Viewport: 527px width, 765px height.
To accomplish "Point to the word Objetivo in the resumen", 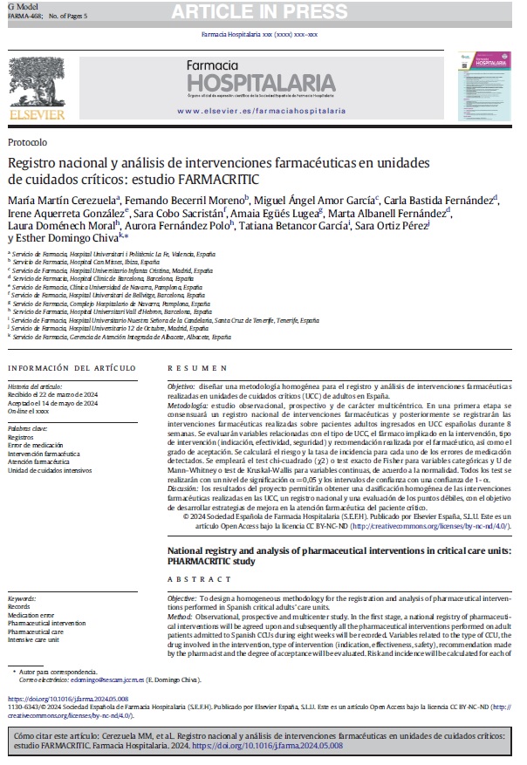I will click(x=181, y=385).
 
